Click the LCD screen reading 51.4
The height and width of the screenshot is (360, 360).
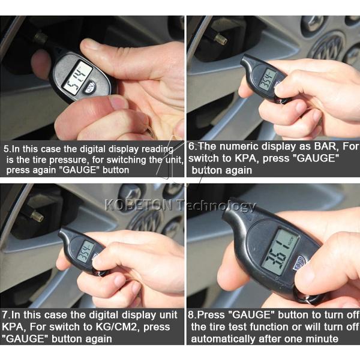tap(77, 74)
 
